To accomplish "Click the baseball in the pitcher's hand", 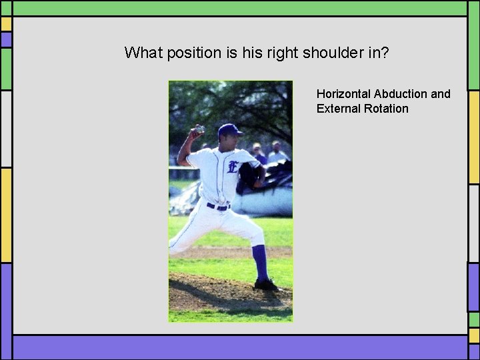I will pos(199,129).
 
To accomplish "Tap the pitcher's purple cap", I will pos(229,129).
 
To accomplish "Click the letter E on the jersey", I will pos(233,166).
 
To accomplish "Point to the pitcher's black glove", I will pos(249,177).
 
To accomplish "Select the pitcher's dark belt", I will pos(218,207).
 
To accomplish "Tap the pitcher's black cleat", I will pos(265,285).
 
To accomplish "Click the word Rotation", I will pos(386,109).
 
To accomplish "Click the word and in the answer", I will pos(441,94).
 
